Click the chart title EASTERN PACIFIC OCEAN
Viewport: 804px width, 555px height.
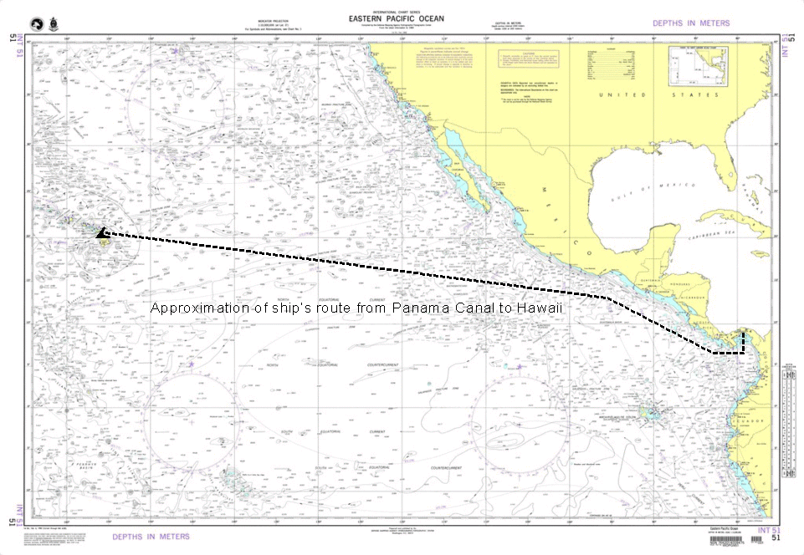pyautogui.click(x=397, y=18)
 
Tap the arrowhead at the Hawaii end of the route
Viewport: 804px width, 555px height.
pyautogui.click(x=101, y=233)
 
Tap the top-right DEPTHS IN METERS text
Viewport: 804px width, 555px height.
pyautogui.click(x=690, y=23)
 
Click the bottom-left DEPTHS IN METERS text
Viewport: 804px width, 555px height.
pyautogui.click(x=151, y=537)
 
